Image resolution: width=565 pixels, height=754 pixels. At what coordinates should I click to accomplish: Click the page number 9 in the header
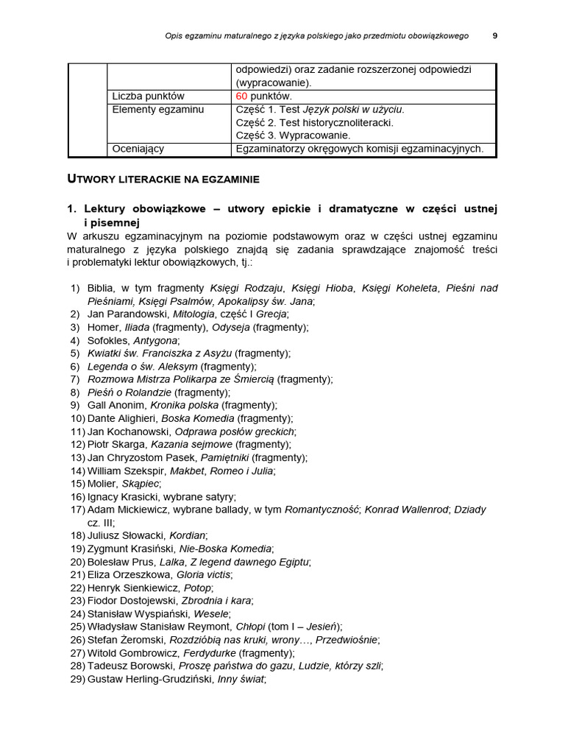click(494, 35)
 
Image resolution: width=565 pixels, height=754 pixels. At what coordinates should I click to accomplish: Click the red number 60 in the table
click(242, 96)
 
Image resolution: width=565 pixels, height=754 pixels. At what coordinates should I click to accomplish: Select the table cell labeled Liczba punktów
click(148, 96)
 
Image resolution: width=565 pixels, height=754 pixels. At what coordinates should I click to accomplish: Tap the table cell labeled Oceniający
click(138, 149)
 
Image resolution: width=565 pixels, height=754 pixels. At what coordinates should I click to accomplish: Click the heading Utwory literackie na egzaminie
click(163, 179)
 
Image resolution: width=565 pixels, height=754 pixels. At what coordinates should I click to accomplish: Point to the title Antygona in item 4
click(155, 340)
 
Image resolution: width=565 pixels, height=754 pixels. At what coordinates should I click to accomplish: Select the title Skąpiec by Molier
click(141, 484)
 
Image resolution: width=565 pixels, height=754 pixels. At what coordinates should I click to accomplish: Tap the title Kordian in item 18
click(187, 535)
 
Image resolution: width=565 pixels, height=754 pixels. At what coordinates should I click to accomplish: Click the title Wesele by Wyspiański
click(211, 613)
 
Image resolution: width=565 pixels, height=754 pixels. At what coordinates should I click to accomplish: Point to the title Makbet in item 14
click(187, 471)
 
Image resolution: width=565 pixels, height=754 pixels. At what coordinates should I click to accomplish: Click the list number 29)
click(78, 679)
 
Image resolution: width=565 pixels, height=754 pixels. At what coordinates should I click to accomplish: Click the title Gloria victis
click(204, 574)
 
